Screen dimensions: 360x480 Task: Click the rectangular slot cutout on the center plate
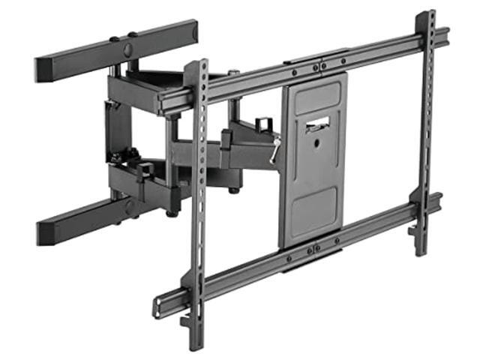click(x=319, y=126)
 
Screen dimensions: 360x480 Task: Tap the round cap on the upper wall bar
click(x=127, y=49)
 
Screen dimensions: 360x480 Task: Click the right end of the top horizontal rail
click(x=444, y=35)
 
